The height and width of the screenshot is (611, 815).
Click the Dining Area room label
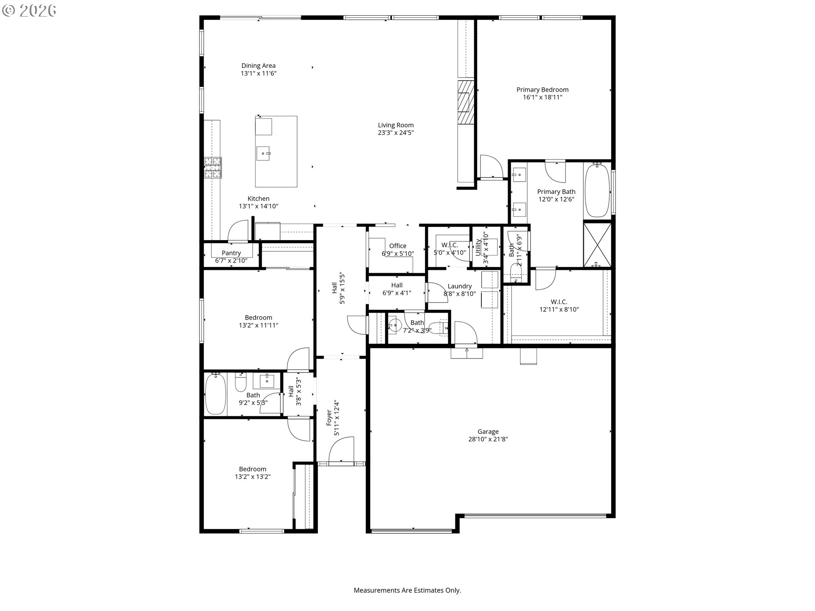coord(259,66)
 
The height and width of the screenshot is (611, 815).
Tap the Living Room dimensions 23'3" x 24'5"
coord(396,133)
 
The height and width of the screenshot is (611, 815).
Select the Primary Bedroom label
coord(542,90)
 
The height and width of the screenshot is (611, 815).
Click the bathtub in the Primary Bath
coord(598,191)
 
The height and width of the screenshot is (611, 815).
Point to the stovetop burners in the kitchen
coord(213,168)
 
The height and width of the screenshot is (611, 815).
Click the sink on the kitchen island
coord(264,153)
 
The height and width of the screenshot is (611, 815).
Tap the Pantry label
coord(231,253)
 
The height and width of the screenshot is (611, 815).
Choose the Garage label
coord(488,432)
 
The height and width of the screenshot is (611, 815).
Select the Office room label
coord(398,246)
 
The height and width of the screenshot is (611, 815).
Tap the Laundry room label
coord(460,286)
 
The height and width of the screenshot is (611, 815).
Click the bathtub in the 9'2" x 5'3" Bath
coord(216,394)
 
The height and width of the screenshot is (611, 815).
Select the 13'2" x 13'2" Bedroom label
coord(253,469)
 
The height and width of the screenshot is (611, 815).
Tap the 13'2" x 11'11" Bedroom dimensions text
coord(259,325)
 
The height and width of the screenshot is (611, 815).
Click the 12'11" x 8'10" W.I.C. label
coord(559,302)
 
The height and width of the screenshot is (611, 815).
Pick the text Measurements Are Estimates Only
coord(407,590)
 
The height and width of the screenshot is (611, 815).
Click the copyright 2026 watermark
coord(29,11)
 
